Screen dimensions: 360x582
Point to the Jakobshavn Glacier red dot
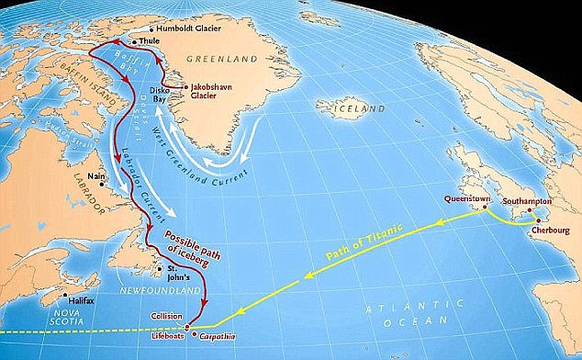coord(184,87)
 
